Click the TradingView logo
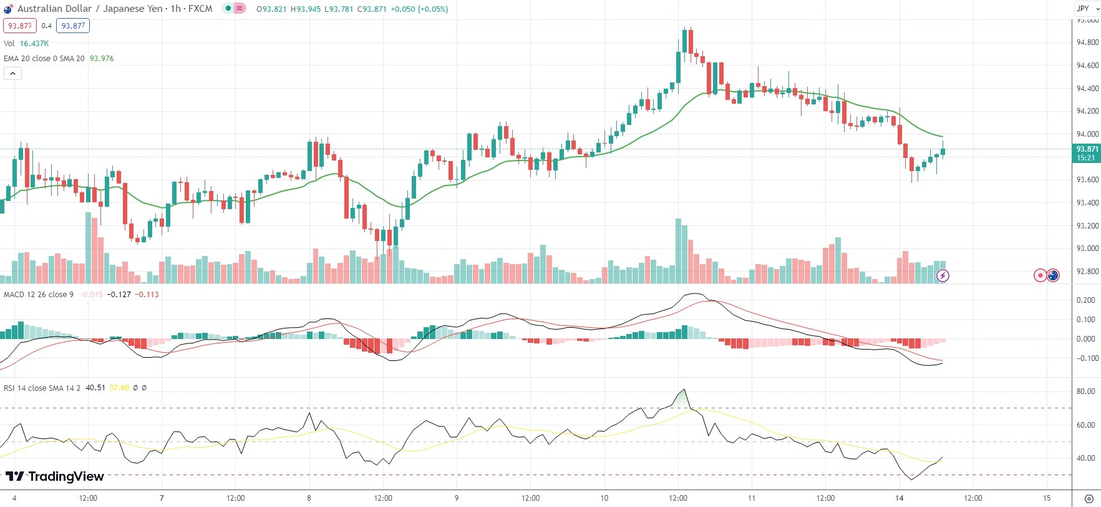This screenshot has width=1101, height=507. point(54,476)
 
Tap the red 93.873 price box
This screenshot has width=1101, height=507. point(20,26)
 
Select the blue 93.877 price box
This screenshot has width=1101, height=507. point(73,26)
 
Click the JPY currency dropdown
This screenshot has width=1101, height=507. point(1086,8)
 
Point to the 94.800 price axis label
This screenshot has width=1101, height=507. point(1087,42)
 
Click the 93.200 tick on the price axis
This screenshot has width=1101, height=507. point(1087,225)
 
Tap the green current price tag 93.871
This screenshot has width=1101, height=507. point(1087,153)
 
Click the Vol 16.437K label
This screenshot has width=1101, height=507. point(26,44)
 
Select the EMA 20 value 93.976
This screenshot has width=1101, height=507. point(102,59)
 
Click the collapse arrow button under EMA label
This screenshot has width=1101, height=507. point(12,74)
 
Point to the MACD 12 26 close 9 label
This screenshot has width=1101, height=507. point(39,295)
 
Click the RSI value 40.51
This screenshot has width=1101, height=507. point(95,388)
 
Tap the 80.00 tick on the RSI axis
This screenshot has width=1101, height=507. point(1085,391)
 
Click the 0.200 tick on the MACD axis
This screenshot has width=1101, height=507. point(1085,300)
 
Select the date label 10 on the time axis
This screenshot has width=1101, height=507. point(604,498)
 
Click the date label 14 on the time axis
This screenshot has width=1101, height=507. point(899,498)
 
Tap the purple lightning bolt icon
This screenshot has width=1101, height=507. point(943,275)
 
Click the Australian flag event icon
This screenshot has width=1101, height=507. point(1053,275)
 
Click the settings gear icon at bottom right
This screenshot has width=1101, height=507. point(1089,499)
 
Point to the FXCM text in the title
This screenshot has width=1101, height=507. point(200,9)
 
